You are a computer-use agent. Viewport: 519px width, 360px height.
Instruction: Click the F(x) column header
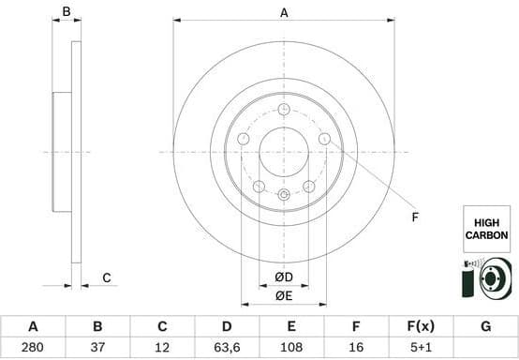click(421, 327)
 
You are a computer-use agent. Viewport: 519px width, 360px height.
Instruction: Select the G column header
click(485, 327)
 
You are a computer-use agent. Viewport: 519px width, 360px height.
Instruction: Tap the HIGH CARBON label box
click(486, 230)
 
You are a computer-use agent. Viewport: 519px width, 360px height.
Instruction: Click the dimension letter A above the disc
click(284, 12)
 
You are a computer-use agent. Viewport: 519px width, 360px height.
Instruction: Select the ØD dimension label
click(284, 277)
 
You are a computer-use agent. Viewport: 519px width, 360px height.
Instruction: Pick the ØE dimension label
click(284, 297)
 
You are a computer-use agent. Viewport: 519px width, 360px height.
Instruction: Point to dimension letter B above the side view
click(67, 12)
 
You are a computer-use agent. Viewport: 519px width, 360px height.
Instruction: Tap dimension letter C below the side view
click(107, 277)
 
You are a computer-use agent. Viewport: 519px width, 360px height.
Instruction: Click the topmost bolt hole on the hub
click(284, 109)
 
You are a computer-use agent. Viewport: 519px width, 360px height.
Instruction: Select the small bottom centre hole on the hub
click(284, 194)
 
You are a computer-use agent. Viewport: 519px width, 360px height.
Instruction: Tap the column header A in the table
click(33, 327)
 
